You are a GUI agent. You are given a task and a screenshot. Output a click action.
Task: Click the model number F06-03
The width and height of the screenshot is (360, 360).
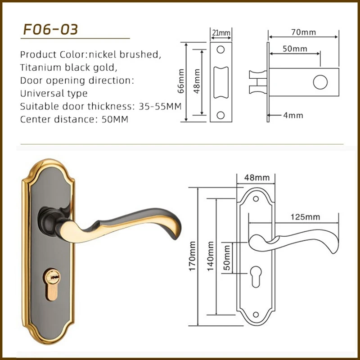coord(51,29)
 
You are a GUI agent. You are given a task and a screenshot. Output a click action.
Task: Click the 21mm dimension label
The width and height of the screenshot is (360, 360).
coord(220,33)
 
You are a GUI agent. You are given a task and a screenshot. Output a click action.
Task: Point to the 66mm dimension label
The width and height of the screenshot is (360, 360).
coord(181,81)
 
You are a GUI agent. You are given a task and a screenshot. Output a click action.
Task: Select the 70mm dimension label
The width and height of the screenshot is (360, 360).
coord(303,32)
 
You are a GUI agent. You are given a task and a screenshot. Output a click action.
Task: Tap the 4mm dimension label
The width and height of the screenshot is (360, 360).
coord(293,115)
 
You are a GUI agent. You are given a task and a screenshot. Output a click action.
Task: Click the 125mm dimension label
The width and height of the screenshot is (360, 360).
coord(305,217)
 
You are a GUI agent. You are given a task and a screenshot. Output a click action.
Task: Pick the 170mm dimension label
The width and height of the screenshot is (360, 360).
coord(192,262)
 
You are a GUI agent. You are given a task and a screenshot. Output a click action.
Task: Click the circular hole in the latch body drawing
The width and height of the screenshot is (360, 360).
coord(320,82)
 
